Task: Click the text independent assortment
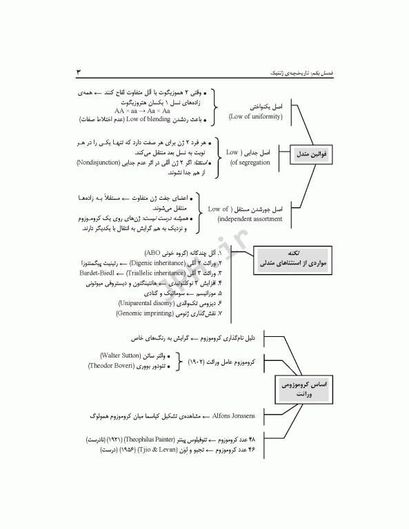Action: click(250, 218)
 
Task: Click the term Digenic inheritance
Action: click(158, 263)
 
